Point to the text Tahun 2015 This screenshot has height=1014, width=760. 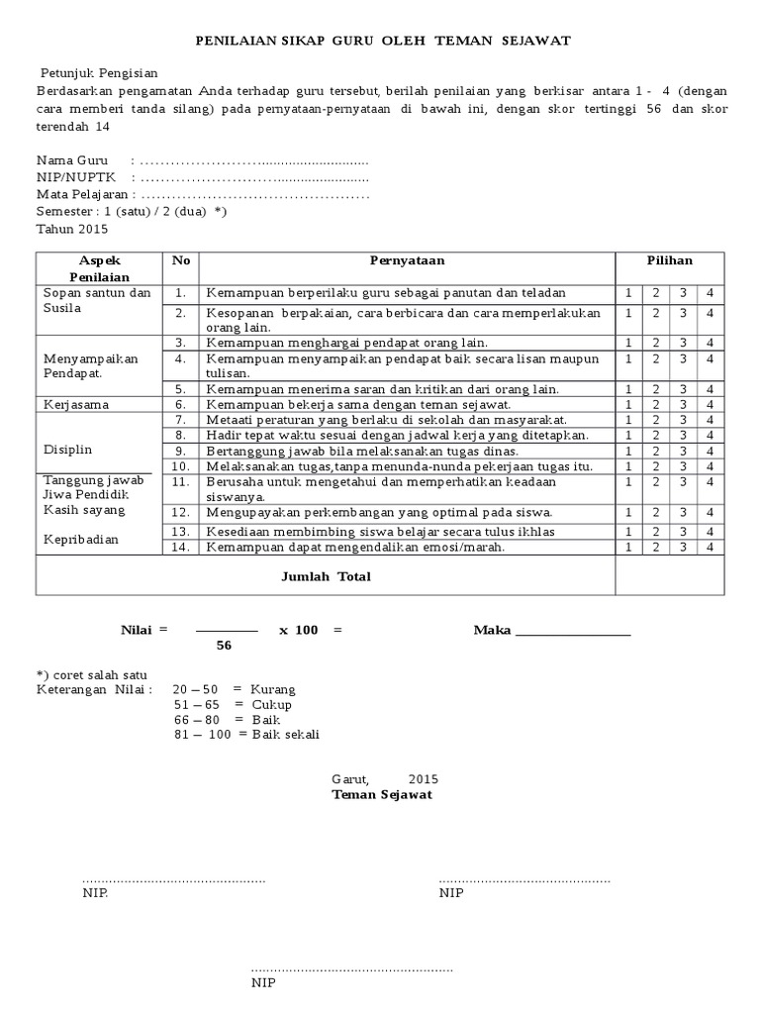72,228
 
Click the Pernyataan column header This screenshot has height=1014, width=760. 407,260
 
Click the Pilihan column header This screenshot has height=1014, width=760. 669,260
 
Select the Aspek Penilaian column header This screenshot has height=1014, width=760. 99,268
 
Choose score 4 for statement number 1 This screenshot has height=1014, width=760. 710,293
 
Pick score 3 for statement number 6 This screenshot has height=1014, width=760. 683,404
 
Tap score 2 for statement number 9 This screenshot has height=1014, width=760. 655,451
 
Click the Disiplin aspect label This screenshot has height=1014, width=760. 67,450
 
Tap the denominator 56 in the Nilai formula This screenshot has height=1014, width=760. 224,645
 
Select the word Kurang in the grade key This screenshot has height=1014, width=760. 273,689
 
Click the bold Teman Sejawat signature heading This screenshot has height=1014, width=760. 381,794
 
